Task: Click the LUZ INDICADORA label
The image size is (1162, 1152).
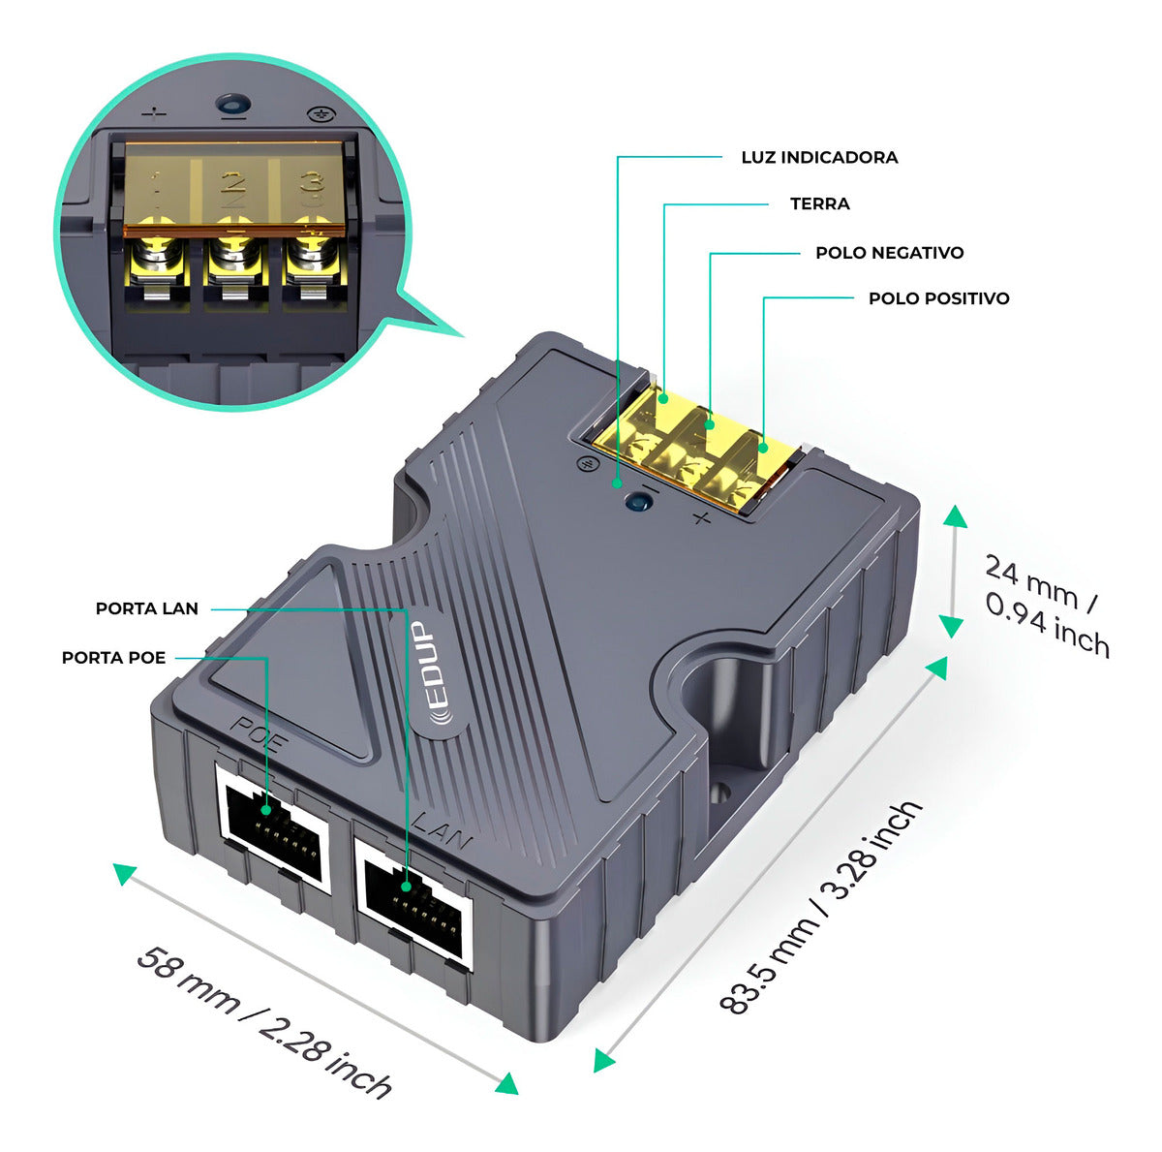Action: (x=819, y=157)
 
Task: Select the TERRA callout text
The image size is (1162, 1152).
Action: (x=819, y=203)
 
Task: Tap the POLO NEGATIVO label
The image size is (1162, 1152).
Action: (x=889, y=253)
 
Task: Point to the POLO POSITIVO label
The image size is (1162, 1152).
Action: (x=938, y=298)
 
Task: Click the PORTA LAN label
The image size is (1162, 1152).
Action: (x=147, y=608)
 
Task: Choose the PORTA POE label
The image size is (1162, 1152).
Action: (x=114, y=658)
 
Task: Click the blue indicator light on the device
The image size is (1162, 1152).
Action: (x=637, y=501)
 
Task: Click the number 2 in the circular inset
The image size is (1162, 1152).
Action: (x=232, y=183)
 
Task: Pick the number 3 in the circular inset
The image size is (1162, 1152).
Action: (x=310, y=184)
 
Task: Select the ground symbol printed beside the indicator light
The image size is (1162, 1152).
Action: (x=586, y=465)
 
